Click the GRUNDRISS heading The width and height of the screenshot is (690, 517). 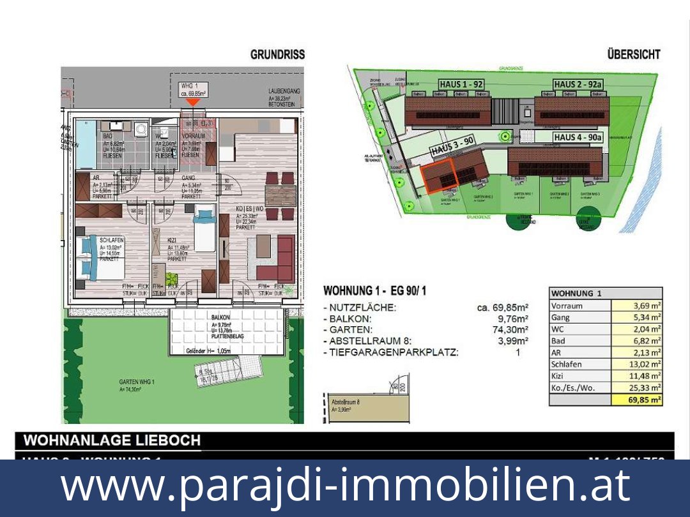point(277,55)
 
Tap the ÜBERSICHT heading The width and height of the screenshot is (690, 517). point(634,55)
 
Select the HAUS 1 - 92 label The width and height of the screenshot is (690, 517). point(461,84)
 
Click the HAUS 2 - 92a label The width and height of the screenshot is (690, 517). point(578,84)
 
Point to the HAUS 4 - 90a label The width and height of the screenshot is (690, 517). point(578,137)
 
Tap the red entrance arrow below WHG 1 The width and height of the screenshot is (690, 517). point(192,101)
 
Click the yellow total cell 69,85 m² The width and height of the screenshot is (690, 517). point(637,400)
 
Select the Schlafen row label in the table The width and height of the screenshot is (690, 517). point(566,364)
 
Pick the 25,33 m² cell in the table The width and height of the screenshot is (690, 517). point(637,387)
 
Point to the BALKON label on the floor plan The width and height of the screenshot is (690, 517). point(221,317)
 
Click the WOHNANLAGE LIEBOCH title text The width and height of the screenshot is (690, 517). point(112,440)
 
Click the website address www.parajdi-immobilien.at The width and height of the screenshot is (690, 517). point(345,486)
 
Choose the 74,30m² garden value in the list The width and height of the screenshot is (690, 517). point(512,330)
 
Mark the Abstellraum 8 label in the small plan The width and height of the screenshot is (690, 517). point(346,403)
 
